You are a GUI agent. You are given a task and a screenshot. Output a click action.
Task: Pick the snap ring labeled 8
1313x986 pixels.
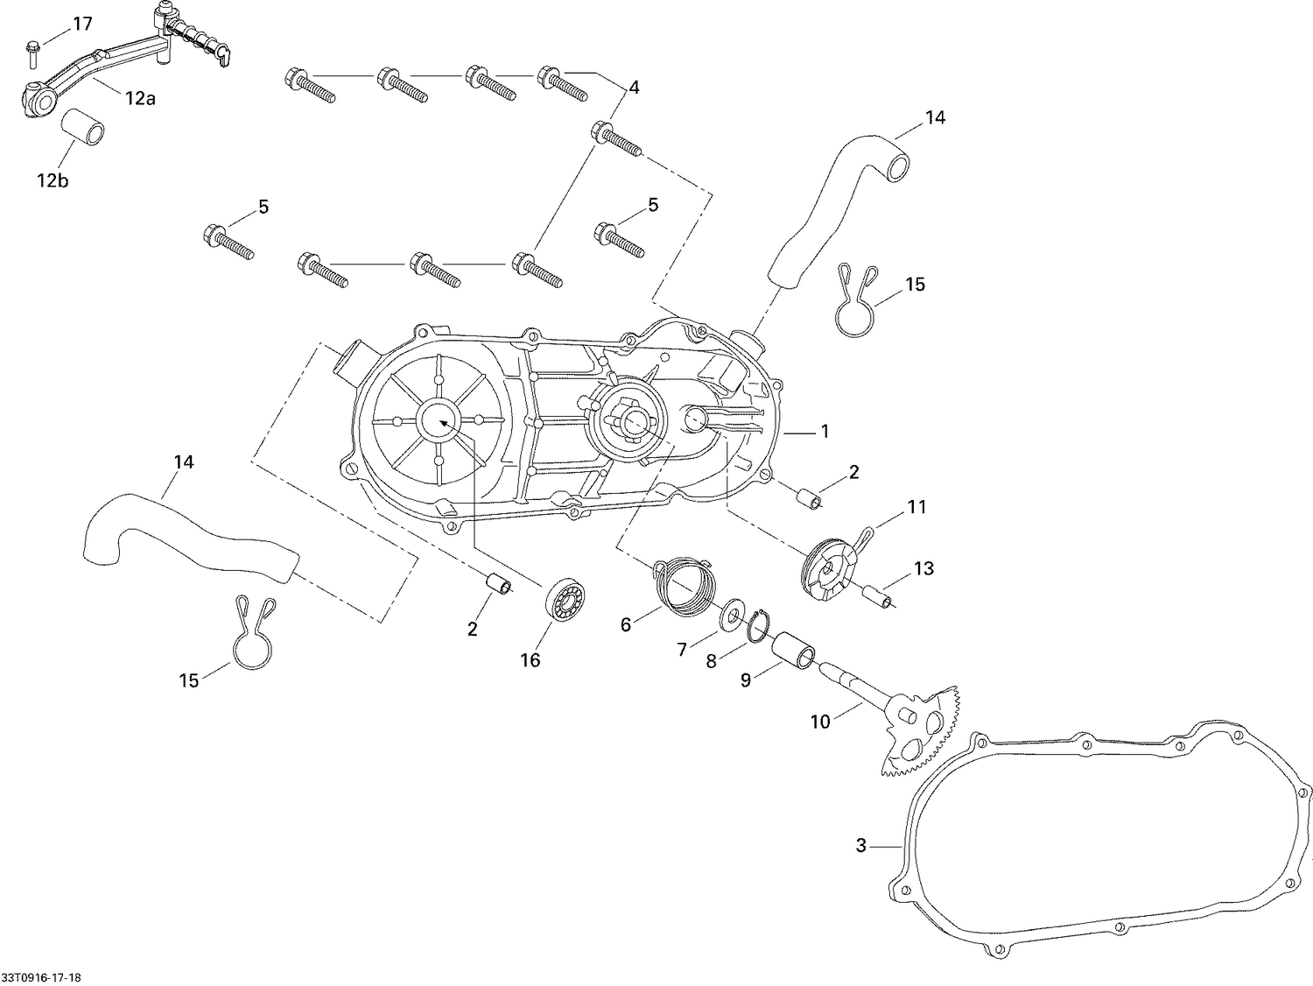coord(758,623)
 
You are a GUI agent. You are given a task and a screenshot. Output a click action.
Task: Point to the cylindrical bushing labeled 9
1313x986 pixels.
coord(795,652)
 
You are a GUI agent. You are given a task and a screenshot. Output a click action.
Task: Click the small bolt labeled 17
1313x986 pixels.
coord(32,53)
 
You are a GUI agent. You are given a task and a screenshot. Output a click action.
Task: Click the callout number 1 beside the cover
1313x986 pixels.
coord(824,432)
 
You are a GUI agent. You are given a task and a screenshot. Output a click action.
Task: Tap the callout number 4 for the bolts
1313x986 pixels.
coord(634,88)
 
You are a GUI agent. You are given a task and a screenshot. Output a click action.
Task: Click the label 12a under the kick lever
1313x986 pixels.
coord(139,99)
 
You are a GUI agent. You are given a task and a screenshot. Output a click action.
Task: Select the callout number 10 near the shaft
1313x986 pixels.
coord(820,722)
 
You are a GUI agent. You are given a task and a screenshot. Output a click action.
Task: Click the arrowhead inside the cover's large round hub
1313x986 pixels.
coord(444,422)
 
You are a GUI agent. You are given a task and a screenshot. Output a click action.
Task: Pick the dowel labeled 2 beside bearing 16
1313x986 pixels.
coord(499,583)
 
